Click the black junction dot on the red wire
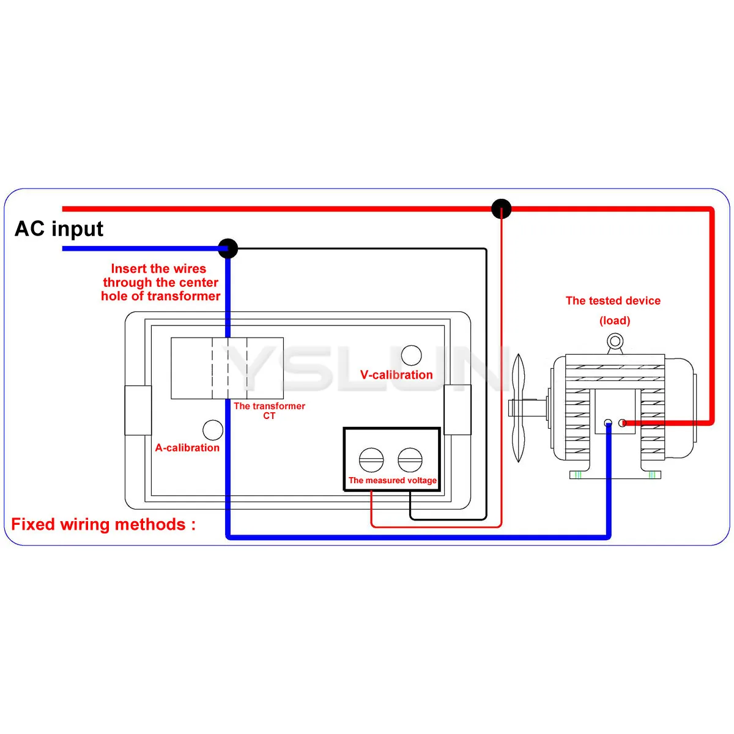coord(502,209)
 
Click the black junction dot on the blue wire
coord(228,248)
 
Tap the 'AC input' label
coord(59,229)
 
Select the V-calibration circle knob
coord(411,355)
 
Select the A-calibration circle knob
coord(213,430)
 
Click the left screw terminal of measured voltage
coord(371,460)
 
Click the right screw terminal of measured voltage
coord(410,460)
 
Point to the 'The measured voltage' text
coord(392,480)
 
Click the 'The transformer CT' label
coord(269,410)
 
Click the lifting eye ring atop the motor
coord(615,341)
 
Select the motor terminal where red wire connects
coord(623,423)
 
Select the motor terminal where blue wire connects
coord(607,423)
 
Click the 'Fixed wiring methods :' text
coord(103,524)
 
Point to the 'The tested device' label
coord(613,300)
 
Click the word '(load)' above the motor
coord(615,321)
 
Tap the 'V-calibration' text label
coord(396,375)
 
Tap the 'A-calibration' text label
coord(187,448)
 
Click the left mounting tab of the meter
coord(138,410)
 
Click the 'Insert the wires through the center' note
coord(160,282)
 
